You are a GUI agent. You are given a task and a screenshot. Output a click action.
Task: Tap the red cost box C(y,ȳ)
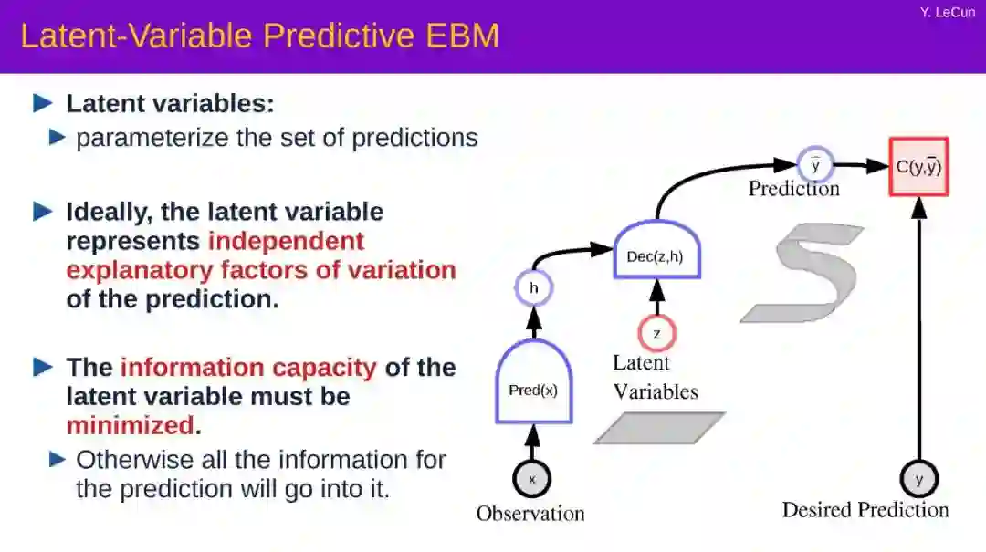click(x=918, y=167)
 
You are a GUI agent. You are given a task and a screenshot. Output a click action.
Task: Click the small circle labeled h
click(x=534, y=289)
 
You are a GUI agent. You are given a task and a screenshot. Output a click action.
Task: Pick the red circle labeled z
click(x=656, y=333)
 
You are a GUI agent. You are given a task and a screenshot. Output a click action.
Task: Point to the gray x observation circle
click(x=532, y=478)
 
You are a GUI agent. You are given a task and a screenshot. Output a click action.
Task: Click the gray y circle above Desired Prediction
click(x=918, y=478)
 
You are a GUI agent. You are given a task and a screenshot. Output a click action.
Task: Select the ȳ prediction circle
click(x=815, y=165)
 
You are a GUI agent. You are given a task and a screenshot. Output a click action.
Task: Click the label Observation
click(x=530, y=514)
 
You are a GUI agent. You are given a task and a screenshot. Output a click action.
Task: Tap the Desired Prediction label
click(x=865, y=510)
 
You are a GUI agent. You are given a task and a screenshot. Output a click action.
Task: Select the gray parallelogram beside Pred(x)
click(x=659, y=428)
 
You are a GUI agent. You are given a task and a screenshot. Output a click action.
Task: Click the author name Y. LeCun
click(x=948, y=12)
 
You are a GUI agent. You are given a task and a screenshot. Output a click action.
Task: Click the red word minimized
click(x=130, y=425)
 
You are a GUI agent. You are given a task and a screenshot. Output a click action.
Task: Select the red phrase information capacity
click(x=248, y=368)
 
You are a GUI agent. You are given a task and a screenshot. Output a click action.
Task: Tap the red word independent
click(x=286, y=241)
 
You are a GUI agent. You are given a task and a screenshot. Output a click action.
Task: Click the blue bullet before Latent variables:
click(x=43, y=103)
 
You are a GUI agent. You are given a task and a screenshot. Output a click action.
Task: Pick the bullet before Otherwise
click(x=58, y=459)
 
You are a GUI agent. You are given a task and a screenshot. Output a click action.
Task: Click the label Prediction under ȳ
click(x=793, y=189)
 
